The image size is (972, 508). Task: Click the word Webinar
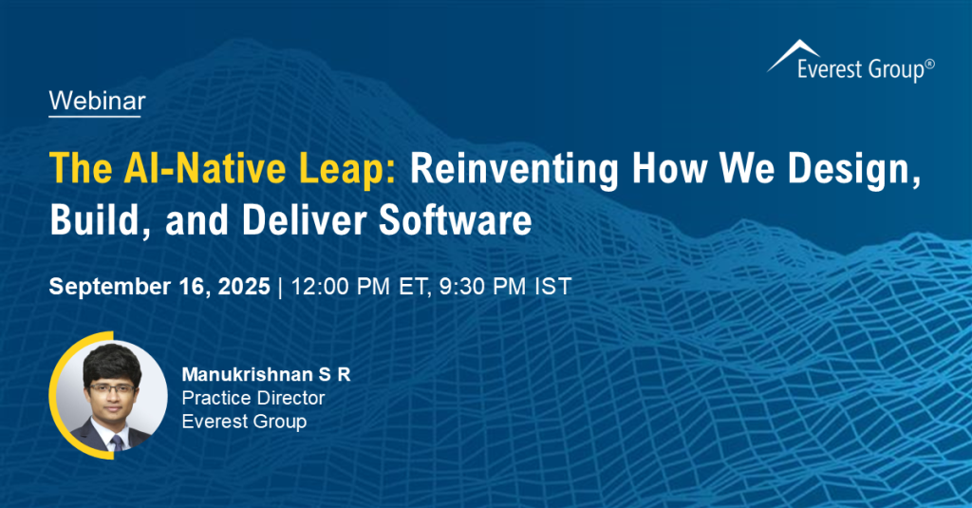coord(98,101)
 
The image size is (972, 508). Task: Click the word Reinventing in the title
coord(514,169)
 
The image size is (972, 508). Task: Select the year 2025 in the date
coord(244,287)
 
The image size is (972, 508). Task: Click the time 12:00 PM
coord(341,287)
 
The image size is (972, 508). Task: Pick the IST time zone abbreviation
coord(553,287)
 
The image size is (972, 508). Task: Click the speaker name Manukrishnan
coord(248,375)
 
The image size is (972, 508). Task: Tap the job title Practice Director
coord(252,398)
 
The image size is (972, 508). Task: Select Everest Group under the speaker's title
coord(244,422)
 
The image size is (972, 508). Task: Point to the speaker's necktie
coord(116,442)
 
